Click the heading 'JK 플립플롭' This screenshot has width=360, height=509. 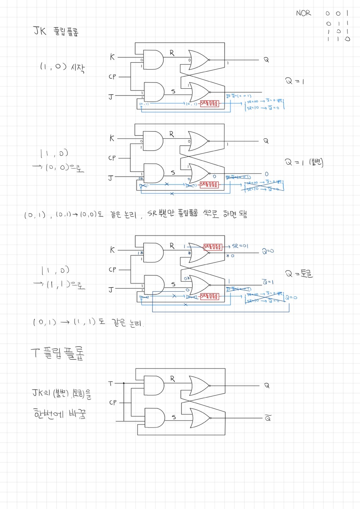click(x=56, y=31)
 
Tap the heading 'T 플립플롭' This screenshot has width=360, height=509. click(x=57, y=353)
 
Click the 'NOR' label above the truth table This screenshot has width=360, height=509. click(x=303, y=13)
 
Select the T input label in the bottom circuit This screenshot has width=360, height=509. click(x=111, y=383)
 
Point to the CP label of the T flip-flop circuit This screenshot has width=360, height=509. click(x=113, y=402)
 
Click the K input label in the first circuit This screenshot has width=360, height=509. click(x=112, y=57)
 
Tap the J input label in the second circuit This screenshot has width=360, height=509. click(x=111, y=178)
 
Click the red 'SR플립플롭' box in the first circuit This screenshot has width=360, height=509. click(x=210, y=104)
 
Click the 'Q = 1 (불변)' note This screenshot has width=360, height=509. click(x=304, y=162)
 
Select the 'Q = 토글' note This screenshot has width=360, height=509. click(x=299, y=274)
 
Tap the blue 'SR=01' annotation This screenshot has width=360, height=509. click(x=240, y=246)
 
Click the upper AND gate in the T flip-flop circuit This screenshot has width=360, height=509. click(x=154, y=385)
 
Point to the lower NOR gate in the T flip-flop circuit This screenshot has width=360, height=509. click(x=200, y=418)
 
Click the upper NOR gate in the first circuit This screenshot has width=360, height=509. click(x=198, y=60)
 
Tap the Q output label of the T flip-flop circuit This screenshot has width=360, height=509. click(x=267, y=385)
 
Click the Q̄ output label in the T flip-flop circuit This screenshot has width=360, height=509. click(x=268, y=418)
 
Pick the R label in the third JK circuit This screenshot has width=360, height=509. click(x=172, y=245)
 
